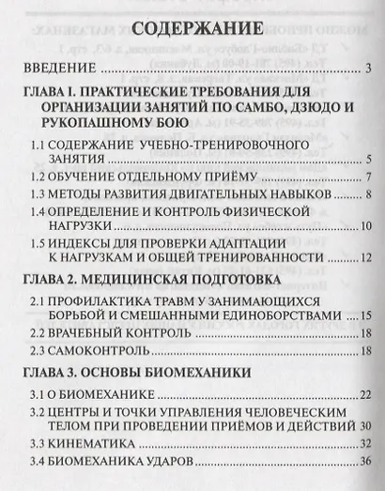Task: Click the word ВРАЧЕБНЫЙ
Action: [x=95, y=335]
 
